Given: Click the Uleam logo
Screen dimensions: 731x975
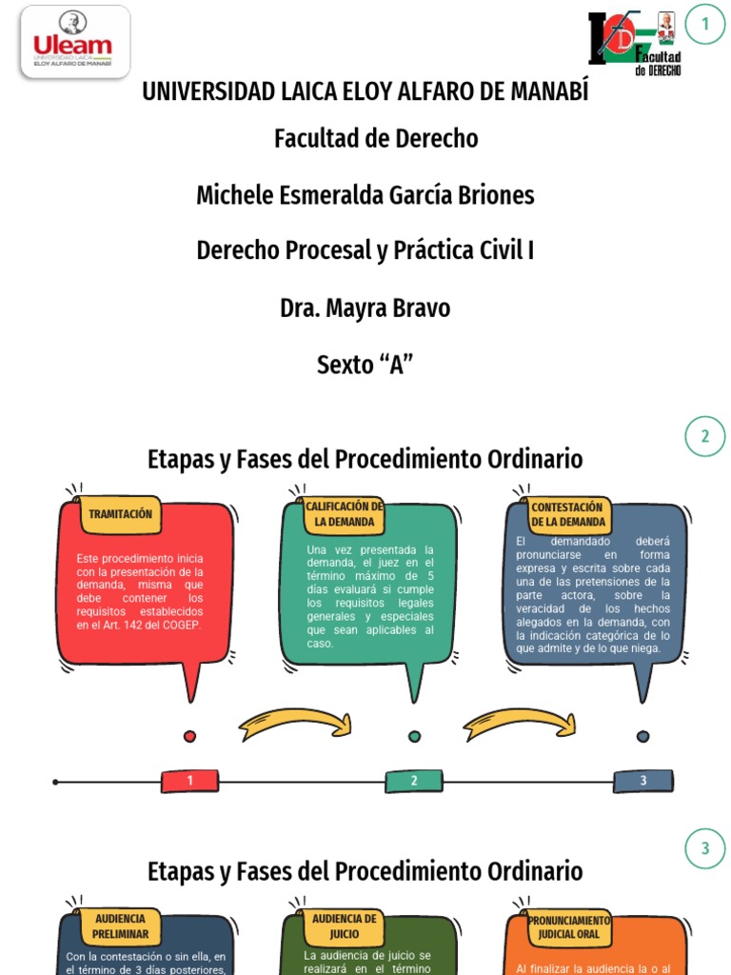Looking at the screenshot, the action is [x=74, y=42].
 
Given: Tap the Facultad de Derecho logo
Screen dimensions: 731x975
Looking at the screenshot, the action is [x=635, y=44].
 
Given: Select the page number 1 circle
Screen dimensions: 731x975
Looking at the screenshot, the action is [x=705, y=25].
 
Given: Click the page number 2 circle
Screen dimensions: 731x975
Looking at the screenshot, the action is [x=705, y=436].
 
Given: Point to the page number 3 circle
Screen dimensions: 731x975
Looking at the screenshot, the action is [x=705, y=848].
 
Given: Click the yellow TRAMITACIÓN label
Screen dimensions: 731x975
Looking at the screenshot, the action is [x=120, y=514].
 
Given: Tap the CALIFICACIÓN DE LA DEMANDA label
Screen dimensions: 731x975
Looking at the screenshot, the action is [x=345, y=514].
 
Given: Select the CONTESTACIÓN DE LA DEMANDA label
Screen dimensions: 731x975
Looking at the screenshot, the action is [x=568, y=514].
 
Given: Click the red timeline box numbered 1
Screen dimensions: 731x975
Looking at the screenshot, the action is [x=189, y=782].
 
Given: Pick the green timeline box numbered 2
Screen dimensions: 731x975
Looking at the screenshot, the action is [x=414, y=782].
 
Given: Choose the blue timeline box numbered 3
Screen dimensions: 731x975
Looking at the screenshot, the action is [x=642, y=782].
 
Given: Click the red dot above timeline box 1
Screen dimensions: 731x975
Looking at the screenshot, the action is [x=189, y=736].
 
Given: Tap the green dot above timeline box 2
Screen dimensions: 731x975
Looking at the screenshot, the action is [x=414, y=736].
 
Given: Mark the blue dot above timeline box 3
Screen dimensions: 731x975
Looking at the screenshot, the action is [x=642, y=736].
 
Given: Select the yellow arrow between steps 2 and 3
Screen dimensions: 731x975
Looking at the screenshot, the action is [x=521, y=723].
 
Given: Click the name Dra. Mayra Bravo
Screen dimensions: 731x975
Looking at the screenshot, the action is [x=365, y=308].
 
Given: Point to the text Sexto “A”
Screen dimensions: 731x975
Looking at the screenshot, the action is [x=365, y=365].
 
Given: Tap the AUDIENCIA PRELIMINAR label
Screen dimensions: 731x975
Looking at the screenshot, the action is [x=120, y=925].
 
